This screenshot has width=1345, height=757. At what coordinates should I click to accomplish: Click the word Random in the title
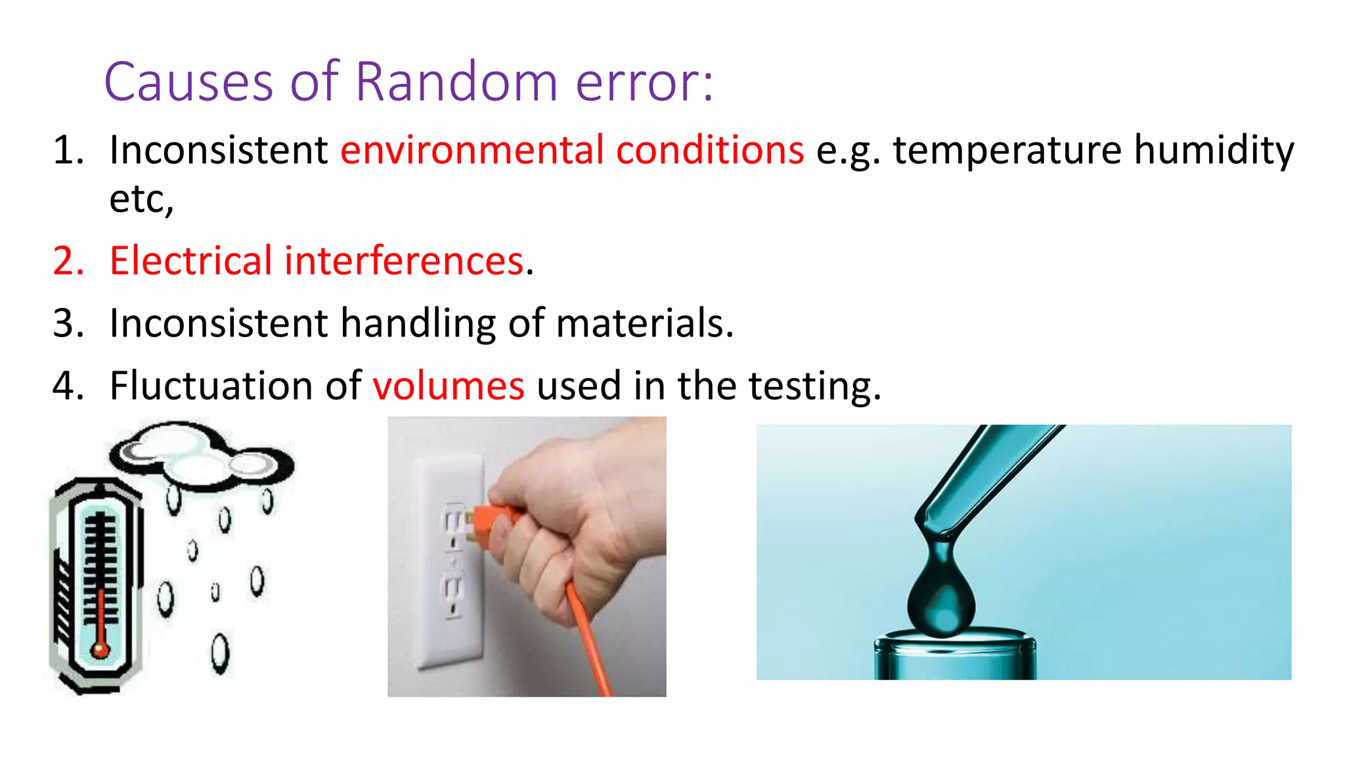[456, 82]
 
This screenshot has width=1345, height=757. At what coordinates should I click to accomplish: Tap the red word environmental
[472, 150]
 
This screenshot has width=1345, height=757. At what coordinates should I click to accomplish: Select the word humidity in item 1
[1214, 150]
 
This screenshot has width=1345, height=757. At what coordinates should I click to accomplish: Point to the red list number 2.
[68, 261]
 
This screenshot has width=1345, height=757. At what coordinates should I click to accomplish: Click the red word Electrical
[190, 261]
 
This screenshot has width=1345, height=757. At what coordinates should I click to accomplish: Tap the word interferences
[404, 261]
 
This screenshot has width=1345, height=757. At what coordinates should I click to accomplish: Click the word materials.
[644, 323]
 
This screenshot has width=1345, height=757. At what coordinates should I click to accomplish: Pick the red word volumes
[449, 386]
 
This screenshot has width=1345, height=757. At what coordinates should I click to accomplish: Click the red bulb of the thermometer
[100, 649]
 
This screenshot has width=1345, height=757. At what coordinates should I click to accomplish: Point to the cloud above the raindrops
[200, 457]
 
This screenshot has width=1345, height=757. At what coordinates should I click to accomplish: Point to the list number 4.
[68, 386]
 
